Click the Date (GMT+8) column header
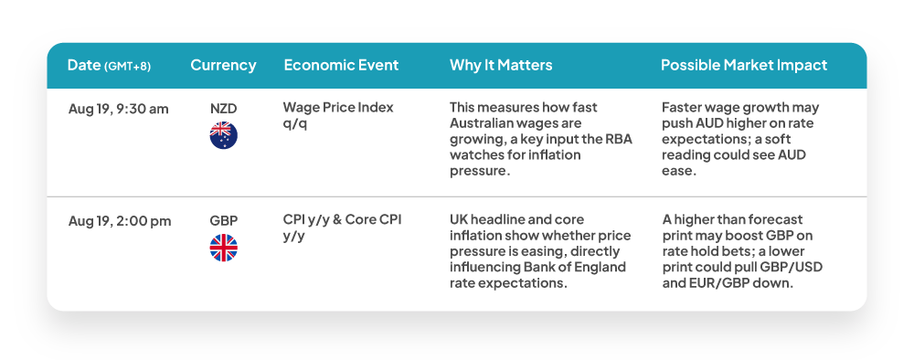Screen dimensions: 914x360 (x=109, y=65)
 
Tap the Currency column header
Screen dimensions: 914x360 (x=223, y=65)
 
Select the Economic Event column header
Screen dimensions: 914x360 (x=341, y=65)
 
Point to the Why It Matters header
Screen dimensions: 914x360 (x=501, y=65)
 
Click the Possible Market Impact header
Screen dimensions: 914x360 (x=744, y=65)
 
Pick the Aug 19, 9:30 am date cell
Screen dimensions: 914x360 (x=118, y=109)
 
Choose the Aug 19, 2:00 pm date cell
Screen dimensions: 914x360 (x=120, y=221)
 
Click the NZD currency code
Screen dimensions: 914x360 (x=223, y=109)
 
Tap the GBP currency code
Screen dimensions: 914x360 (x=224, y=221)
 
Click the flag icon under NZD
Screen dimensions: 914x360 (x=224, y=135)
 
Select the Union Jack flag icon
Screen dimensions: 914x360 (x=224, y=248)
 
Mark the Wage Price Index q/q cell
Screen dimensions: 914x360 (x=338, y=115)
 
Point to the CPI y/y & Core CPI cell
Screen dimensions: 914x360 (x=342, y=228)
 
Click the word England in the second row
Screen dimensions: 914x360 (x=604, y=268)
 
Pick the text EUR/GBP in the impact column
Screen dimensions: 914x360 (x=717, y=283)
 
